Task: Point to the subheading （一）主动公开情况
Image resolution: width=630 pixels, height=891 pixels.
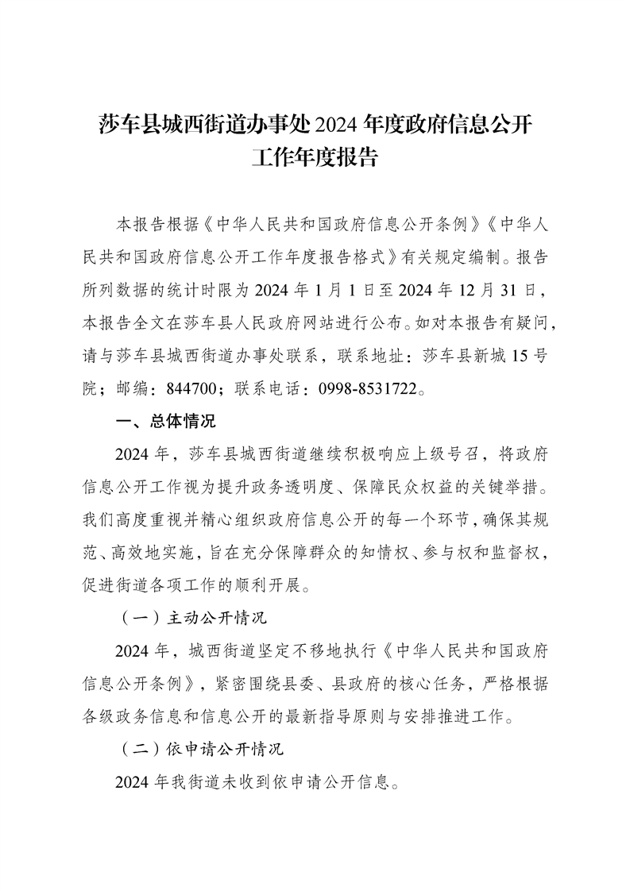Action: (x=197, y=615)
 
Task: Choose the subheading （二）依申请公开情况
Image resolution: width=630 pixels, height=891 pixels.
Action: (x=202, y=749)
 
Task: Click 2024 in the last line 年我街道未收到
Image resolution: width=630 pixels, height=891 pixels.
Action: (x=133, y=782)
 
